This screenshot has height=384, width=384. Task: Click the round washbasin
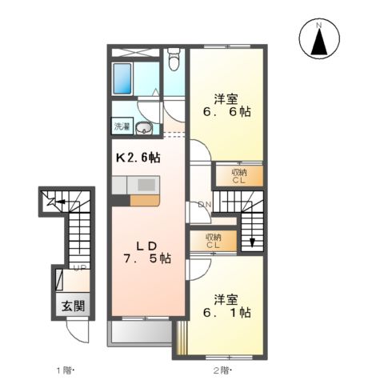(x=144, y=129)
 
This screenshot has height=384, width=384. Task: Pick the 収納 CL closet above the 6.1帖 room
(x=213, y=241)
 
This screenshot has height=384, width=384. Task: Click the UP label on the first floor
(x=81, y=269)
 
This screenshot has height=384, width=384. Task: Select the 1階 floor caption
(x=65, y=370)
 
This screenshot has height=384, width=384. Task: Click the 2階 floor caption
(x=222, y=370)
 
